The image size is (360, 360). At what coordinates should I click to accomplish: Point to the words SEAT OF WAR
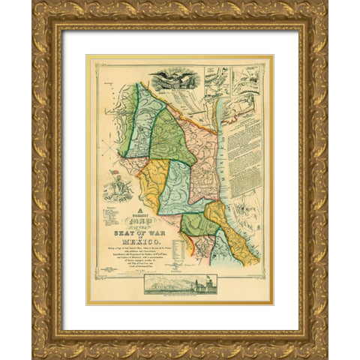pos(148,236)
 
